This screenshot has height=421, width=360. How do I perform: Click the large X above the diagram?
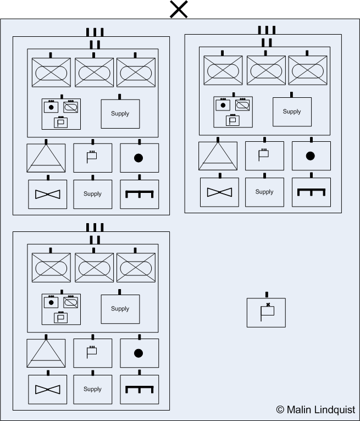179,9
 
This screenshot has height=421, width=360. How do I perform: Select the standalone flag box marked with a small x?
266,312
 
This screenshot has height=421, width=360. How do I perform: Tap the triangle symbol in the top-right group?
218,156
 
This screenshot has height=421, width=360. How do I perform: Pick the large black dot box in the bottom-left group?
139,353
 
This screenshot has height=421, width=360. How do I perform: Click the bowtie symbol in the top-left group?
48,194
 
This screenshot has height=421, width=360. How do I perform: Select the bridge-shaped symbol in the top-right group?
311,192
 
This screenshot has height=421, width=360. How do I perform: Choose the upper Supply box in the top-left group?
120,114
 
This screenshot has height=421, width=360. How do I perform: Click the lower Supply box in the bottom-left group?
92,389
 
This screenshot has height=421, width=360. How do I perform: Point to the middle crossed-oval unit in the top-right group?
265,71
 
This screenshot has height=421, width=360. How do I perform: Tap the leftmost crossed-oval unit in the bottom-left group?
51,268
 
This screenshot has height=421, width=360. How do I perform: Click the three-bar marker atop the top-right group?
266,30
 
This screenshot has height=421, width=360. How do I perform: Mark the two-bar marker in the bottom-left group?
95,240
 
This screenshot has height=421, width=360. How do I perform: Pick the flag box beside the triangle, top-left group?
92,158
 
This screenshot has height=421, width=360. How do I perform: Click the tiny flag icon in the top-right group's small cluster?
232,120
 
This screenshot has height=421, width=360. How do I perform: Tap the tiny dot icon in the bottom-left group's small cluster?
51,302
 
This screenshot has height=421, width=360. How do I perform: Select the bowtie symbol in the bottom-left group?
48,389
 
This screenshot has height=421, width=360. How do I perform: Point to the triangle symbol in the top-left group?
46,158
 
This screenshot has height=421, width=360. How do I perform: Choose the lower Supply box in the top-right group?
264,192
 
